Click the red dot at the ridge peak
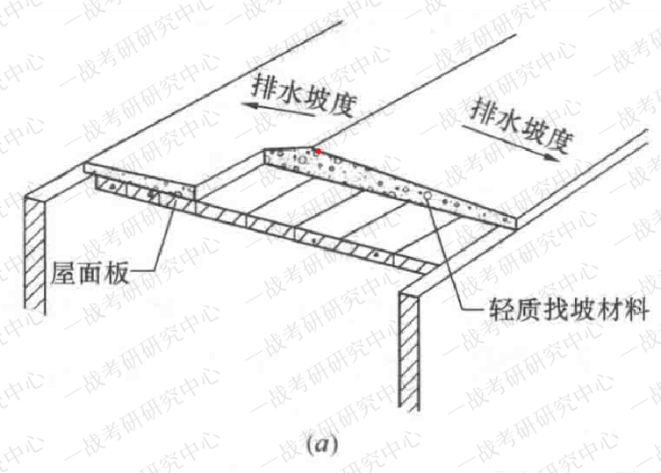coord(318,151)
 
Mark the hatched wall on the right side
coord(410,351)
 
